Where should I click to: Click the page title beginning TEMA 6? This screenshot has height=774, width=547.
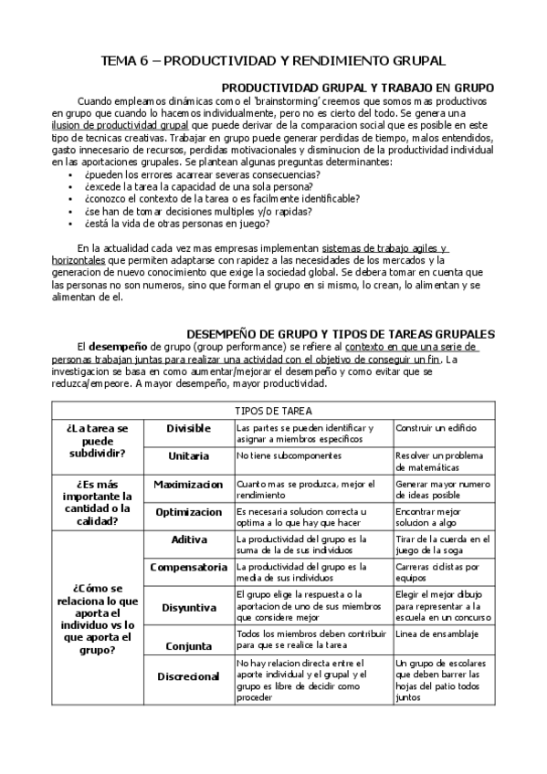(x=273, y=61)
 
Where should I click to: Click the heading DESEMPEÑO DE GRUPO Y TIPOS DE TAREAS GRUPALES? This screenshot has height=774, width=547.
(x=341, y=334)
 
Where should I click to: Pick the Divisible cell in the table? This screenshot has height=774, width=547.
(x=188, y=428)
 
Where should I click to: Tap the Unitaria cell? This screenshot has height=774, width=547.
(x=188, y=455)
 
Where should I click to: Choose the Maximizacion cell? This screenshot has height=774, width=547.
(x=188, y=484)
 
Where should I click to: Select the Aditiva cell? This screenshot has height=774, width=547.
(x=188, y=539)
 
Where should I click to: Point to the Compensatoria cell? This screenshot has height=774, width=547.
(x=188, y=567)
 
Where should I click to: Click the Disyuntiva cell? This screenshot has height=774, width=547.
(x=188, y=606)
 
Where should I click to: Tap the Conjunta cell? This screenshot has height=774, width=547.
(x=188, y=645)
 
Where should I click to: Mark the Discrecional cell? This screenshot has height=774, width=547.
(x=188, y=676)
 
